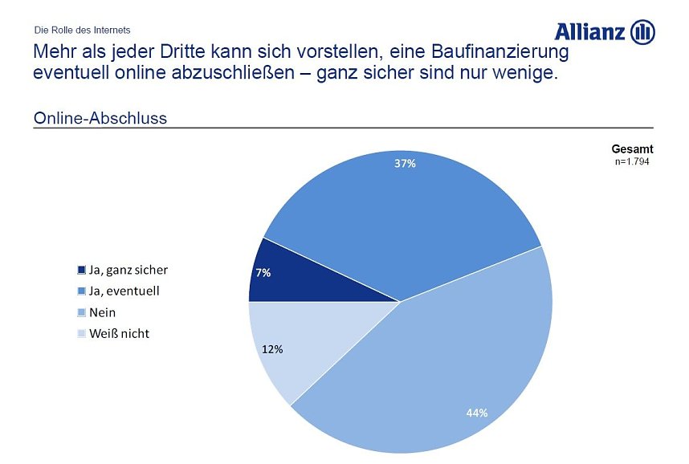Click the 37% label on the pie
[405, 164]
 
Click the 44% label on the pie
[477, 413]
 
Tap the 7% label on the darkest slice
[263, 273]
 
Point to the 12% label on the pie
[273, 349]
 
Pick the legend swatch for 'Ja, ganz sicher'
[82, 271]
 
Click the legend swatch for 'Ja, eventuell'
[82, 291]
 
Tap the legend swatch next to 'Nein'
[82, 313]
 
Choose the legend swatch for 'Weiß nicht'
[82, 334]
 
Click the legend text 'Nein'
[103, 313]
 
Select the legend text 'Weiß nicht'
[119, 334]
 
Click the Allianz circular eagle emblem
[643, 32]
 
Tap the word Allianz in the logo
[590, 32]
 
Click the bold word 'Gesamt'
[632, 149]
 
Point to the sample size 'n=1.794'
[631, 161]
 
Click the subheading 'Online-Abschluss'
[100, 119]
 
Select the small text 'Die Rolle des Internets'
[82, 30]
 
